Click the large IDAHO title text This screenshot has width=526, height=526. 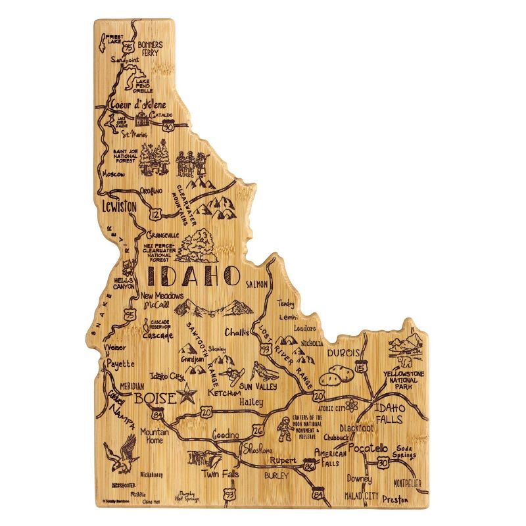(x=193, y=275)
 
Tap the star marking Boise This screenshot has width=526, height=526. (x=187, y=396)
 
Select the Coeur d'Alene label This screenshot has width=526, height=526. (x=137, y=105)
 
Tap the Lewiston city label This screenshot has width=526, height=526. (x=119, y=206)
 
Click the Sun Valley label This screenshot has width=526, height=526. (x=258, y=386)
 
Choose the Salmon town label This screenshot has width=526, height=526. (x=256, y=284)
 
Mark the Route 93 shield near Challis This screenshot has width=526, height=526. (x=265, y=350)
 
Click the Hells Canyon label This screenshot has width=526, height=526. (x=124, y=283)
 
